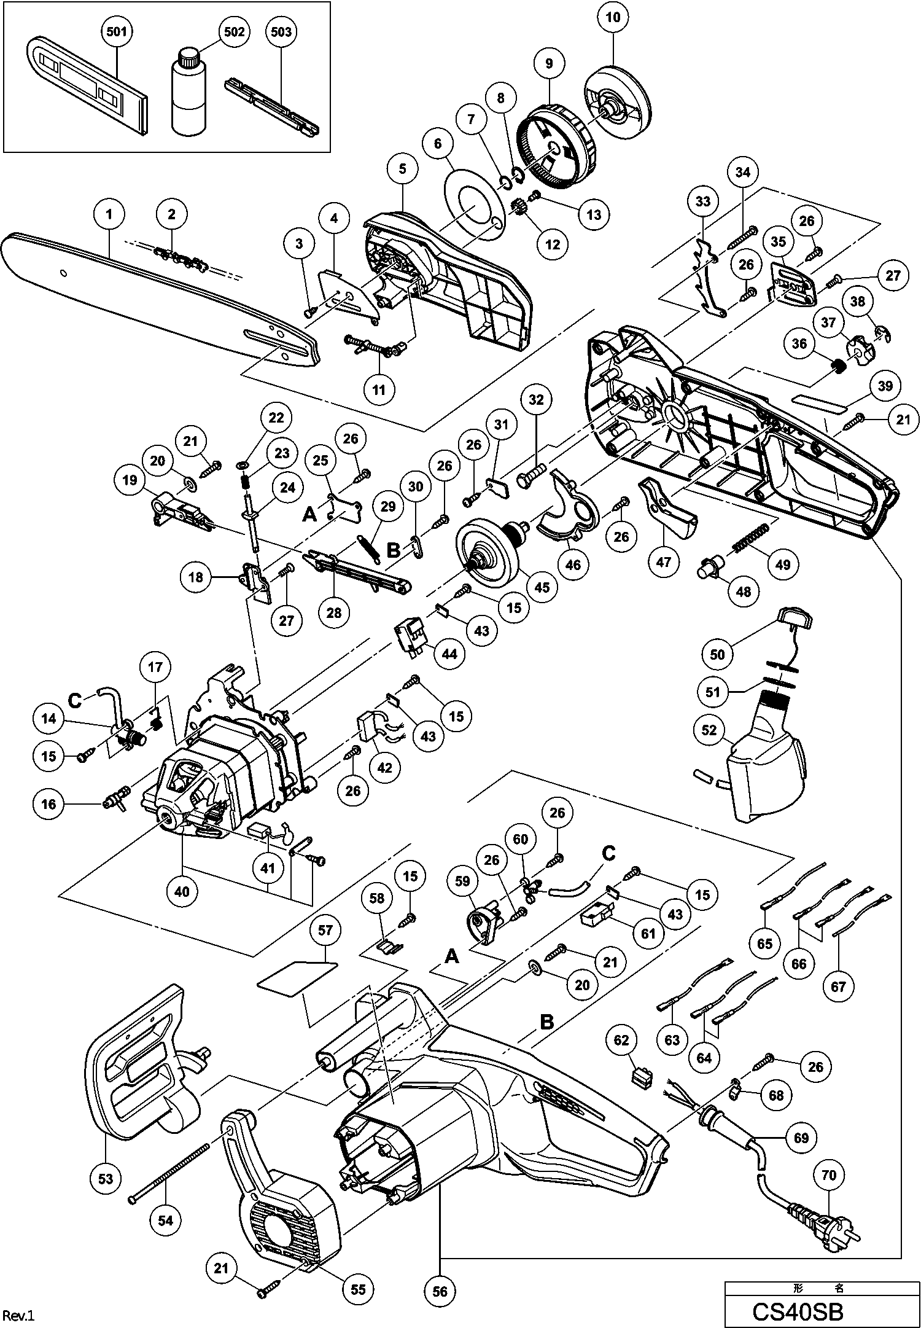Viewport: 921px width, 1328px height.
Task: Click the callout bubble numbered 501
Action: (117, 31)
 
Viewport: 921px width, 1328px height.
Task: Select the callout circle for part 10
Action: (613, 18)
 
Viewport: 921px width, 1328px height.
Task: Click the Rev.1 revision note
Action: (19, 1314)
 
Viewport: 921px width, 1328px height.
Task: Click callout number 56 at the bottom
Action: (440, 1291)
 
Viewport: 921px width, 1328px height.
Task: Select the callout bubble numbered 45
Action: (542, 587)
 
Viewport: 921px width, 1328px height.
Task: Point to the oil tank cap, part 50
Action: (796, 616)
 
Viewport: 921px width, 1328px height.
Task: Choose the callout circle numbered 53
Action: (106, 1178)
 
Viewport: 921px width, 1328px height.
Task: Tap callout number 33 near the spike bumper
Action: (702, 201)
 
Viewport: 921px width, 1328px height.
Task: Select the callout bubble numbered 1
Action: (109, 214)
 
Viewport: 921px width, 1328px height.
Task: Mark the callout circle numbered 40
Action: (182, 891)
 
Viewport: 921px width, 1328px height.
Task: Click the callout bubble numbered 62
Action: (621, 1040)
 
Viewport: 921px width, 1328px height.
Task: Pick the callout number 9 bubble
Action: (549, 63)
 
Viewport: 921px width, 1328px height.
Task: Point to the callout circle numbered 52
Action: (709, 729)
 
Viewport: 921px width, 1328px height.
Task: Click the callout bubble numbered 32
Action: (536, 400)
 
